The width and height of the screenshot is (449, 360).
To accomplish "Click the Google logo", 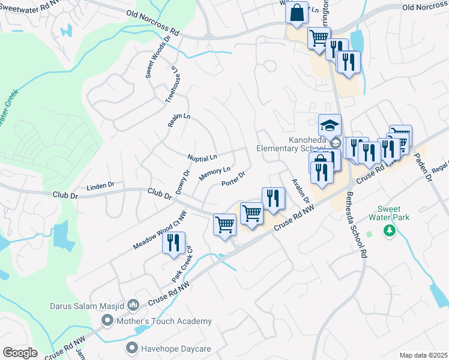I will (20, 353).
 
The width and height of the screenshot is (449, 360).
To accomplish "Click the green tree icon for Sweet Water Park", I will (390, 230).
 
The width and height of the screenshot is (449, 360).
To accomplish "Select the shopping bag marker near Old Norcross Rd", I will (297, 13).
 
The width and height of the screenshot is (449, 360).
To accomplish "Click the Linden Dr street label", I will (100, 186).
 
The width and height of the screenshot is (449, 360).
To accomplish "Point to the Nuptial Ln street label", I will (202, 158).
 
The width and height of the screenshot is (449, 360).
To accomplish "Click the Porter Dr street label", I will (233, 179).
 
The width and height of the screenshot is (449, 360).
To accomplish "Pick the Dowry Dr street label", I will (182, 182).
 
